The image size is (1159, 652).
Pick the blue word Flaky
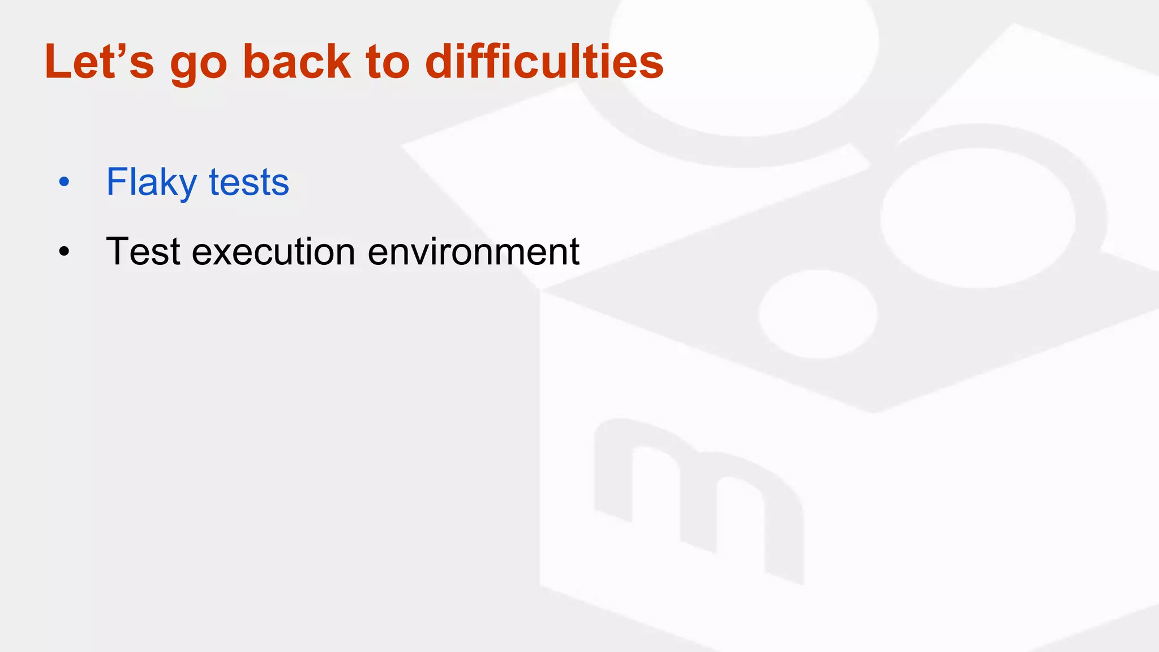[151, 182]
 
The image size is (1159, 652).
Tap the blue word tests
[249, 182]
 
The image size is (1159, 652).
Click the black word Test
[143, 251]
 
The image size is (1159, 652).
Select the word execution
[273, 251]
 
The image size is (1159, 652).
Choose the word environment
[474, 251]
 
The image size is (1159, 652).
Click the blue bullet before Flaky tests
[64, 182]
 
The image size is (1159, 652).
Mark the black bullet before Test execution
[64, 251]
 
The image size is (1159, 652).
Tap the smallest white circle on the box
[818, 314]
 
